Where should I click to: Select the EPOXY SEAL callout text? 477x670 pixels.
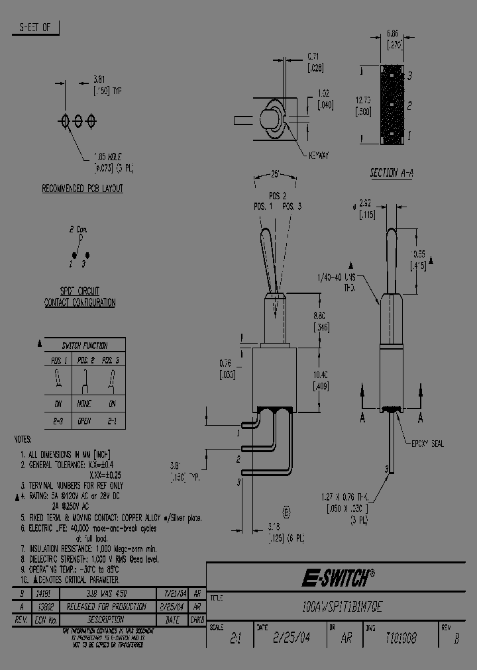pos(427,444)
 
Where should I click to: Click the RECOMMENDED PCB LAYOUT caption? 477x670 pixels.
pos(82,188)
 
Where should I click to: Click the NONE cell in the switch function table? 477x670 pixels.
pos(85,403)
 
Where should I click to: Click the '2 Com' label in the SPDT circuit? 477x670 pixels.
pos(78,229)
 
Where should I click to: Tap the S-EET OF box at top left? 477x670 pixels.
pos(35,27)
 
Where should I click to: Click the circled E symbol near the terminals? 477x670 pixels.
pos(286,512)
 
